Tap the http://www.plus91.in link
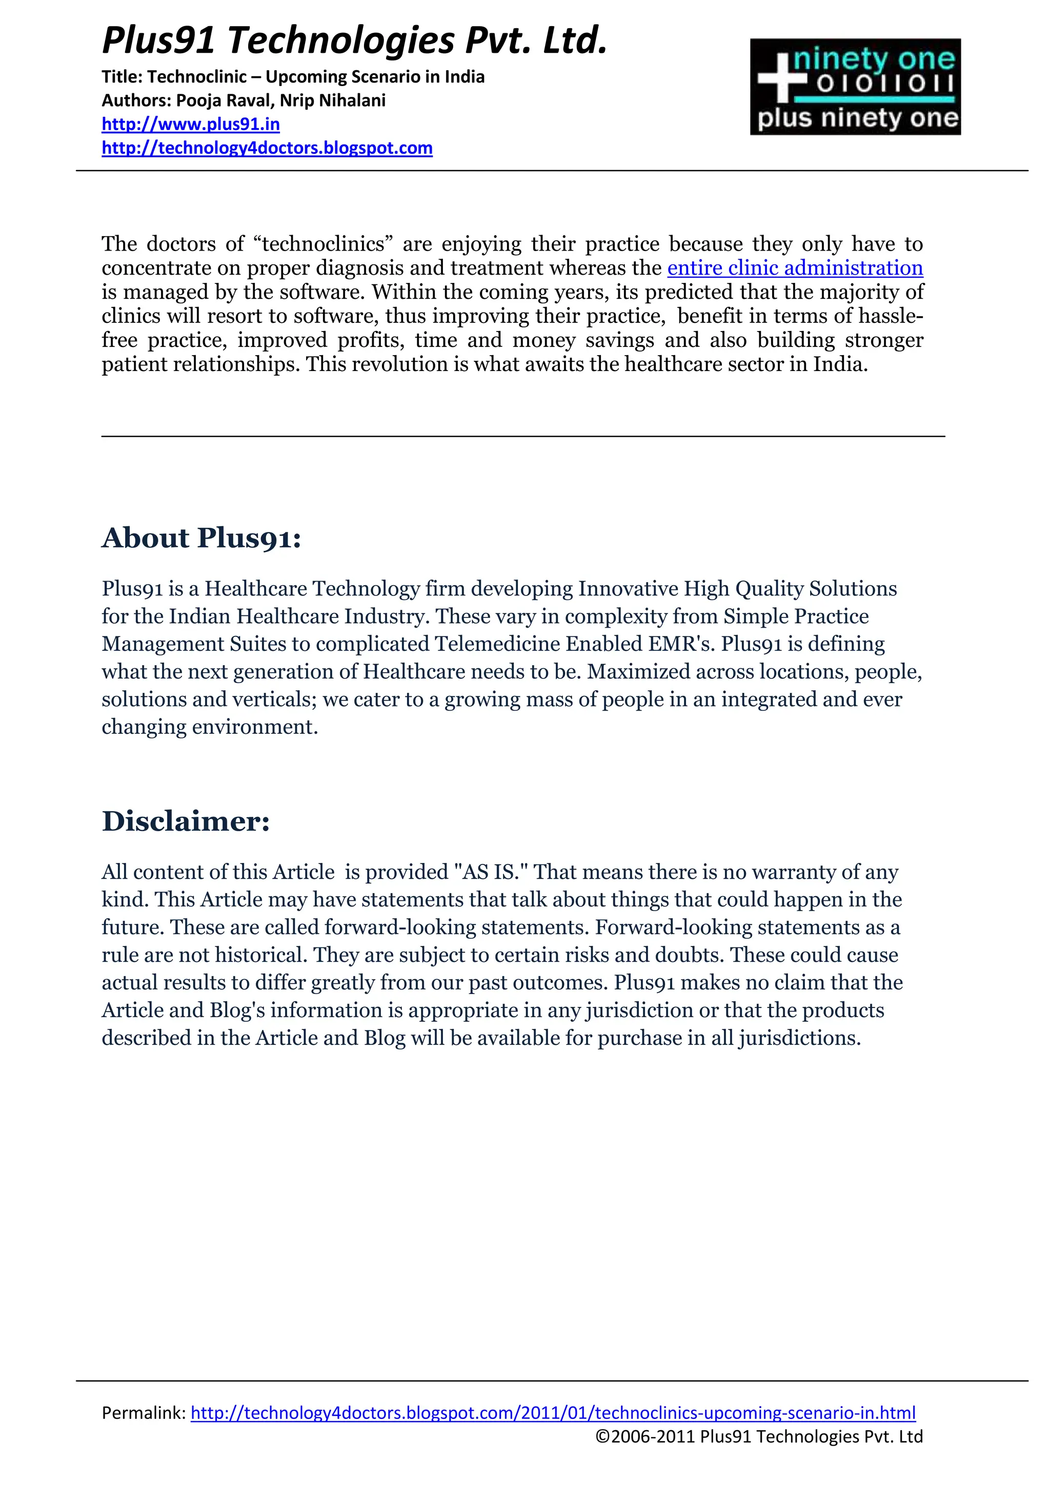pyautogui.click(x=191, y=123)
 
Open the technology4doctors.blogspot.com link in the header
pyautogui.click(x=267, y=148)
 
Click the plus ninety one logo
pyautogui.click(x=855, y=87)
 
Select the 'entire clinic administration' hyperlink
pyautogui.click(x=795, y=268)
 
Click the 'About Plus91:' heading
pyautogui.click(x=201, y=538)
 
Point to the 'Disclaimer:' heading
pyautogui.click(x=186, y=821)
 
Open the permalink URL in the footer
pyautogui.click(x=553, y=1413)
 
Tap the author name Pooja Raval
pyautogui.click(x=223, y=100)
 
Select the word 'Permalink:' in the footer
pyautogui.click(x=144, y=1413)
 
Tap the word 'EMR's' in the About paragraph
pyautogui.click(x=677, y=644)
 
